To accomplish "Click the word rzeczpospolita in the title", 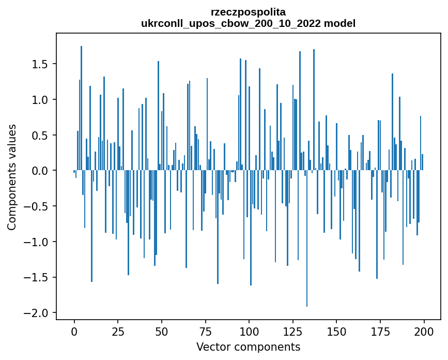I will click(x=248, y=11).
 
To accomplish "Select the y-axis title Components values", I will click(x=12, y=177).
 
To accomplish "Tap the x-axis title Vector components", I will click(x=248, y=347).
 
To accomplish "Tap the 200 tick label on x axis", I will click(x=424, y=331).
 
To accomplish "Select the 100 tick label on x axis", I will click(x=249, y=331).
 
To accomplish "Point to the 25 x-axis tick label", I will click(x=118, y=331).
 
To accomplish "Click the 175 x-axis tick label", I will click(x=380, y=331).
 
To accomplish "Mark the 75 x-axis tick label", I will click(x=205, y=331).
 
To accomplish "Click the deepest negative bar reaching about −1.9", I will click(x=307, y=238).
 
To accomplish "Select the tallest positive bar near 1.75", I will click(x=81, y=109).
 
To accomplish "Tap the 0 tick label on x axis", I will click(x=74, y=331).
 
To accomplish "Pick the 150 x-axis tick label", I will click(x=336, y=331).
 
